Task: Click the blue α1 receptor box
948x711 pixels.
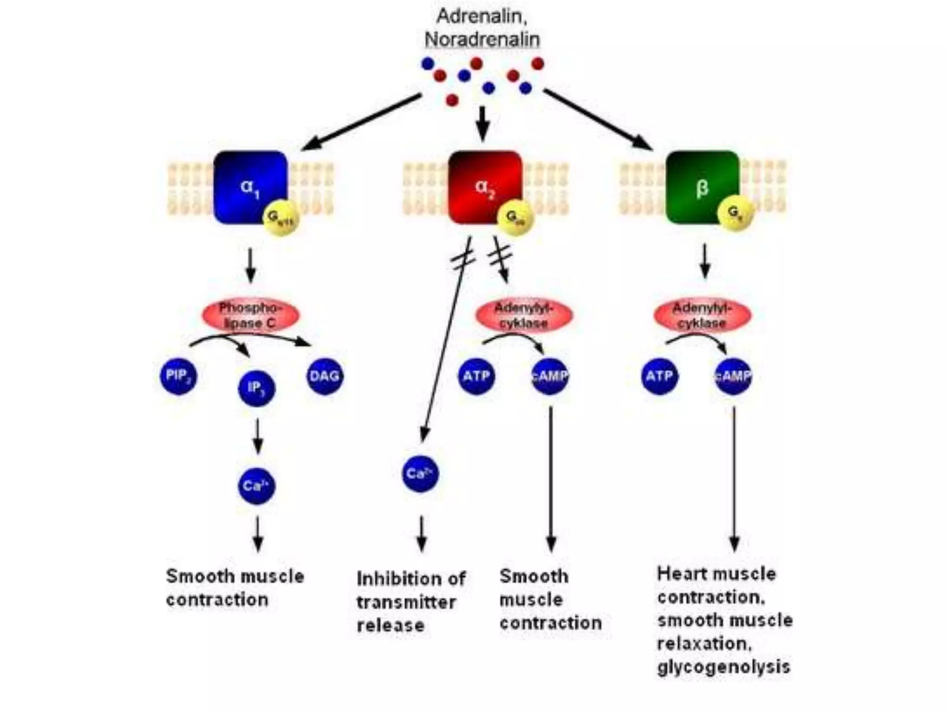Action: click(248, 185)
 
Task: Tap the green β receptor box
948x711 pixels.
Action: click(700, 185)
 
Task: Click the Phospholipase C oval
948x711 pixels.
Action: click(250, 315)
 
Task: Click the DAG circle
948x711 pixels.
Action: click(325, 376)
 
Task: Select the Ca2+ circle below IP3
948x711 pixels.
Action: click(256, 486)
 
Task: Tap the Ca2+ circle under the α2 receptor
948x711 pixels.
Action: click(420, 474)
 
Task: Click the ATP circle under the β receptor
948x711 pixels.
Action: click(660, 376)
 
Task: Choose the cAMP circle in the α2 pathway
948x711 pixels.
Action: click(550, 376)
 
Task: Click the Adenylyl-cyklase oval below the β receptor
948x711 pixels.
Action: click(702, 315)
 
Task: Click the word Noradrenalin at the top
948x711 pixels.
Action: click(482, 39)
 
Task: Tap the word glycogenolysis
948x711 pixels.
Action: click(723, 667)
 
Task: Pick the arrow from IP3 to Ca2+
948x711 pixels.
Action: click(258, 436)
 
